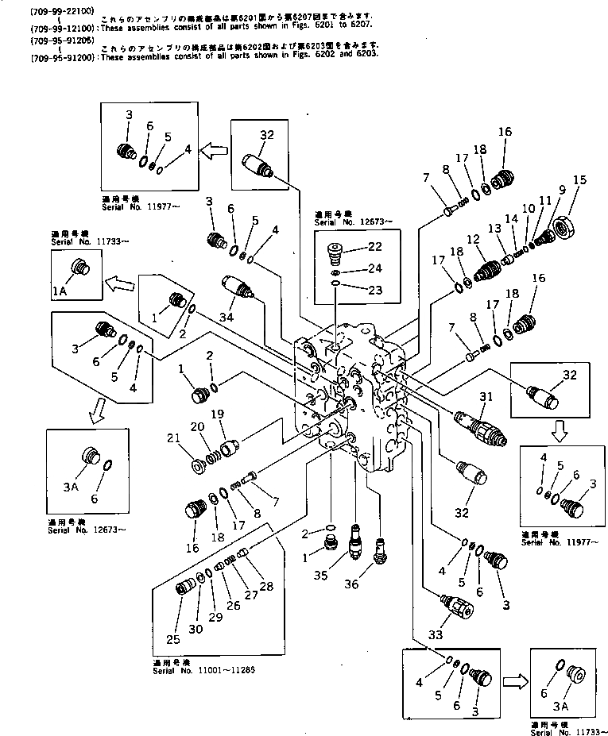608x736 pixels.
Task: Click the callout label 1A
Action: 60,291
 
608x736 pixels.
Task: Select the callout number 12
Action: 474,239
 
